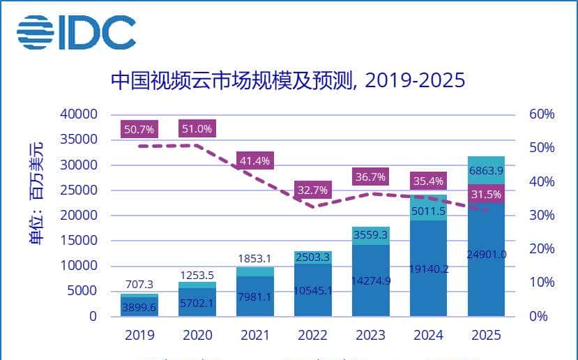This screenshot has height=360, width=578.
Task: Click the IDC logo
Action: tap(76, 32)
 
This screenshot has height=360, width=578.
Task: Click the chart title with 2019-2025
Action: tap(287, 81)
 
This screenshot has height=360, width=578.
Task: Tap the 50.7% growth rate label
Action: tap(140, 129)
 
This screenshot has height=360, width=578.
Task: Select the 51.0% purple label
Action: tap(197, 129)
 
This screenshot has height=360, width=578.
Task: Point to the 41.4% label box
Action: tap(254, 160)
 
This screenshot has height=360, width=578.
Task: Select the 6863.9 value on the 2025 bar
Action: tap(486, 170)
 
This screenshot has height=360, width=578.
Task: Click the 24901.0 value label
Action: tap(486, 254)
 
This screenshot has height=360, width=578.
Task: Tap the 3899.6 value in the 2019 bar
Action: tap(139, 306)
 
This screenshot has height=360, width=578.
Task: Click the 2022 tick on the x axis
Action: tap(312, 335)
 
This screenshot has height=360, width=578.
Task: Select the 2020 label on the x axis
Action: tap(197, 335)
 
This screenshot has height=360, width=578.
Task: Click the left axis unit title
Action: tap(35, 192)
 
